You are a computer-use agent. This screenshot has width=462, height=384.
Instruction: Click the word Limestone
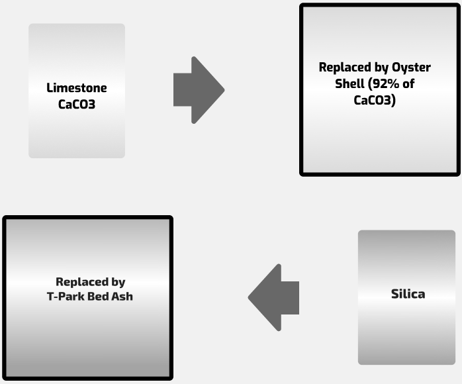(x=77, y=87)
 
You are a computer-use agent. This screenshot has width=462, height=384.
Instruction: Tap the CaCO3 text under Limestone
(x=77, y=104)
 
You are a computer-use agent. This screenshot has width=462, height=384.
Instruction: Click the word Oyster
(x=411, y=68)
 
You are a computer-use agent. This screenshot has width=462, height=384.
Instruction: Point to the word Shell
(x=349, y=84)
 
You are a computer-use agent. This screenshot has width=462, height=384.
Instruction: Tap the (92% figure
(x=383, y=84)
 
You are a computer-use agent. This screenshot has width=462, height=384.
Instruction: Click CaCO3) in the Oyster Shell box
(x=375, y=101)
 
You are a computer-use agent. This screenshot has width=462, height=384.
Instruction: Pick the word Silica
(x=408, y=294)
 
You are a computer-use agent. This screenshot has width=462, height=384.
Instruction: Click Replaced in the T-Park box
(x=82, y=281)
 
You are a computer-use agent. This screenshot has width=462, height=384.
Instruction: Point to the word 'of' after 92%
(x=408, y=84)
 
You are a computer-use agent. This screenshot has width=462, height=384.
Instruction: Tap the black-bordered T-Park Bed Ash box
(x=87, y=344)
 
